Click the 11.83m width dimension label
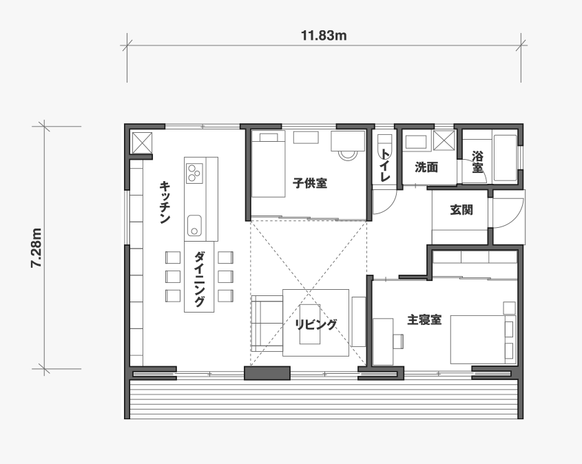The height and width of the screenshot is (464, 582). click(x=324, y=36)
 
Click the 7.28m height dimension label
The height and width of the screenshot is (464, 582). click(x=37, y=247)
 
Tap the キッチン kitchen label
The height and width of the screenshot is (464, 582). click(x=165, y=202)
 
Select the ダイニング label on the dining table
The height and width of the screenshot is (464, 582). click(x=199, y=279)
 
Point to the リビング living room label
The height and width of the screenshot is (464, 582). click(x=316, y=324)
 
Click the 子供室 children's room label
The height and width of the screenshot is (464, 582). click(x=309, y=183)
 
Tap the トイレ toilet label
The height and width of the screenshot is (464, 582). click(x=386, y=165)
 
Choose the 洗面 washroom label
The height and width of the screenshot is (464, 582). click(x=426, y=167)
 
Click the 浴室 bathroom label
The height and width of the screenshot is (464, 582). click(x=477, y=162)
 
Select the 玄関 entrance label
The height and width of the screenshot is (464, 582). click(x=461, y=210)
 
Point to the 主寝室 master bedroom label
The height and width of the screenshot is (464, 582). click(x=424, y=319)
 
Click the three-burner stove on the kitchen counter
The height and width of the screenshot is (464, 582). click(x=194, y=173)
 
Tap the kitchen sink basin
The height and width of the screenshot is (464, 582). click(x=194, y=225)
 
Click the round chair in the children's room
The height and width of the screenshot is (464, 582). click(x=347, y=154)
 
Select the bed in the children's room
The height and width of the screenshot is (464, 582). click(x=268, y=164)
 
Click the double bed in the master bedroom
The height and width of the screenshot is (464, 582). click(x=484, y=339)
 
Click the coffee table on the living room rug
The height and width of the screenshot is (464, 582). click(x=310, y=324)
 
